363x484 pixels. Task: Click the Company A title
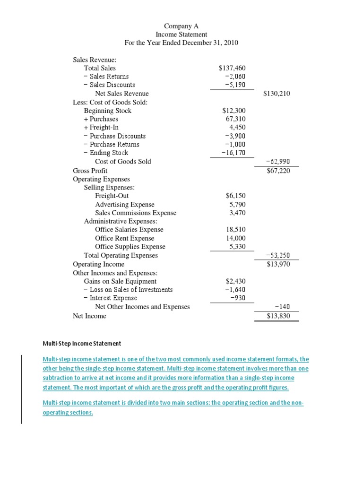pos(181,26)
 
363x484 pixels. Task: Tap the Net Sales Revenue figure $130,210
pos(277,94)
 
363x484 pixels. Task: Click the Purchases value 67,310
pos(236,119)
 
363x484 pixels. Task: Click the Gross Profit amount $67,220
pos(278,170)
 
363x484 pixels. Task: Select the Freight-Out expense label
pos(112,196)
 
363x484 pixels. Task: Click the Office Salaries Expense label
pos(129,230)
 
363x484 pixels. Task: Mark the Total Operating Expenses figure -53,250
pos(278,255)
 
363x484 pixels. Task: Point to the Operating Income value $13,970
pos(278,264)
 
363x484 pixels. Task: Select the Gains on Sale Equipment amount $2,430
pos(236,281)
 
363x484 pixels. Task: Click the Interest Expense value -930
pos(238,298)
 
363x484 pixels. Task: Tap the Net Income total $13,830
pos(278,316)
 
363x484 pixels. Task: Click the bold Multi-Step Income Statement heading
pos(82,343)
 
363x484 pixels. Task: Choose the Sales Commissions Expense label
pos(136,213)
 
